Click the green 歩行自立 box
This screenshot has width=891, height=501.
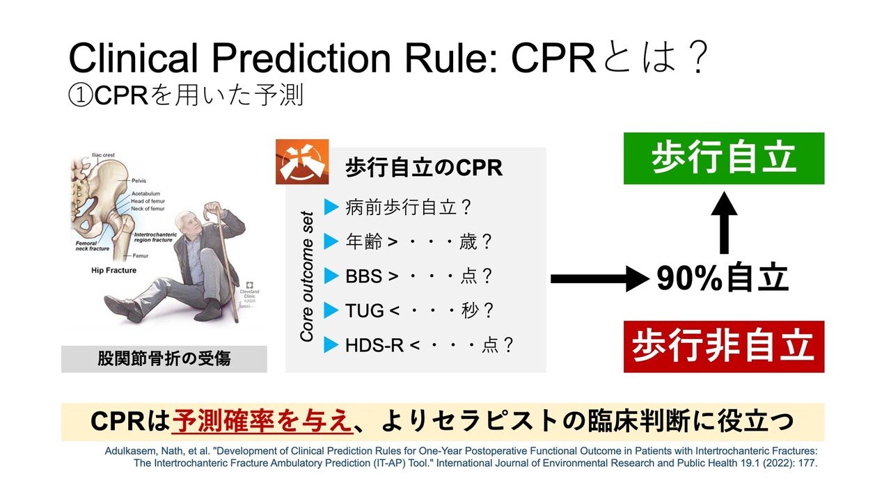(x=723, y=159)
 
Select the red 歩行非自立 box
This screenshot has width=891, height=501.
(x=723, y=347)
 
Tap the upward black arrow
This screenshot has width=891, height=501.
(x=724, y=223)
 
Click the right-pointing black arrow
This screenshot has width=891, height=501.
(x=598, y=279)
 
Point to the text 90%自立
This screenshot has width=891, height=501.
(x=723, y=279)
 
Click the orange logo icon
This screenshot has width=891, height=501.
(x=302, y=161)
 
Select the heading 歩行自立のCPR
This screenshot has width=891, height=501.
(x=424, y=168)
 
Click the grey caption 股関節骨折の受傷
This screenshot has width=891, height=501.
(x=164, y=359)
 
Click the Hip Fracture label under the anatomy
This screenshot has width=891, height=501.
(x=114, y=269)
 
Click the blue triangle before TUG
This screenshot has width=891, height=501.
(x=331, y=310)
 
